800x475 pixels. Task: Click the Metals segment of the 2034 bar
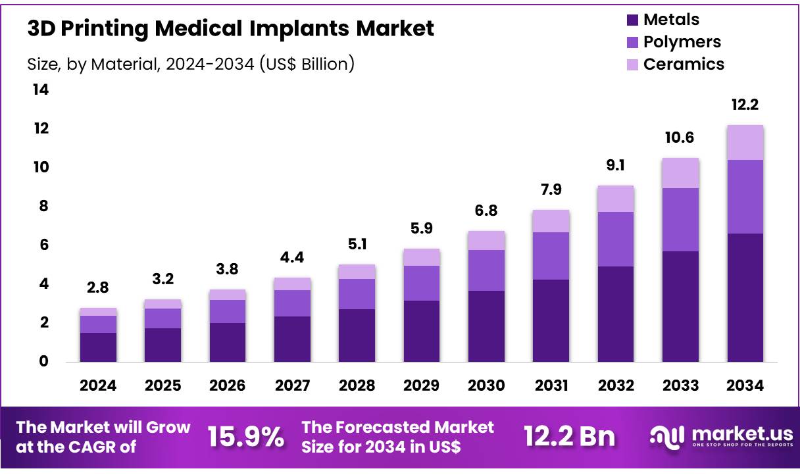(x=745, y=297)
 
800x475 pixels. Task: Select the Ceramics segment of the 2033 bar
(x=680, y=173)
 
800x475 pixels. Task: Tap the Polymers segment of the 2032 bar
(x=616, y=239)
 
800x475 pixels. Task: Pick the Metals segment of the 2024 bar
(x=98, y=347)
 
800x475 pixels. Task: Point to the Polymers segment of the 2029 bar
(x=422, y=283)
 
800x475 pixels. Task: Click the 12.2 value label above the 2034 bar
(x=745, y=105)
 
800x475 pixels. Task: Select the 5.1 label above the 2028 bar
(x=357, y=245)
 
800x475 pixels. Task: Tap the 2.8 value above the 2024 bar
(x=98, y=288)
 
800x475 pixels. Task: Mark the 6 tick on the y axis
(x=43, y=245)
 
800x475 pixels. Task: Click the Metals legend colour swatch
(x=632, y=20)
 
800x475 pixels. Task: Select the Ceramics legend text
(x=684, y=64)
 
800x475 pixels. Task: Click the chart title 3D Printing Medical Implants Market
(x=231, y=29)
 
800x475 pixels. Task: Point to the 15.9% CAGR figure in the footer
(x=246, y=436)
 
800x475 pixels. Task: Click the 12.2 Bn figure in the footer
(x=570, y=436)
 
